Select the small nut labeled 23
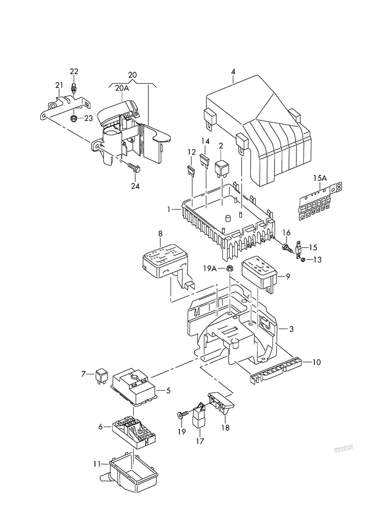pyautogui.click(x=74, y=118)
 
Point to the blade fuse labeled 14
pyautogui.click(x=204, y=160)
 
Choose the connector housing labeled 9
pyautogui.click(x=259, y=271)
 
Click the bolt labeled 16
pyautogui.click(x=287, y=247)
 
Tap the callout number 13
pyautogui.click(x=318, y=260)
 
